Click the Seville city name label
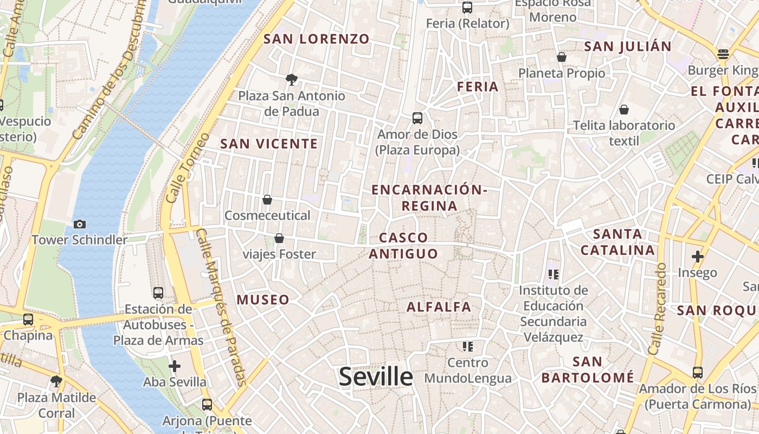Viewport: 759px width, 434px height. click(x=376, y=376)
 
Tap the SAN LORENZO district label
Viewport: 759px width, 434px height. click(x=316, y=39)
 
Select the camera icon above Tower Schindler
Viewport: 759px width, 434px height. click(x=80, y=224)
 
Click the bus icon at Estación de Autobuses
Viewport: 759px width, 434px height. click(x=158, y=293)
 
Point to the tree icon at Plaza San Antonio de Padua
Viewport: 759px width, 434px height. click(x=292, y=80)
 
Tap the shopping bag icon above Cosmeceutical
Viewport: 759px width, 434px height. click(x=267, y=200)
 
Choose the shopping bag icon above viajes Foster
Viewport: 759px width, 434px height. click(x=279, y=238)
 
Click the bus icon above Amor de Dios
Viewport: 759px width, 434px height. click(x=417, y=118)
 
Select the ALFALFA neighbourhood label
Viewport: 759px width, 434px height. click(x=439, y=307)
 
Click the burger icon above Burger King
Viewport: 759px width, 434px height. click(x=723, y=54)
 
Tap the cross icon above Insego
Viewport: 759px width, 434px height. click(x=697, y=257)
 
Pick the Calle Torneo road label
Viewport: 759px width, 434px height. click(x=187, y=168)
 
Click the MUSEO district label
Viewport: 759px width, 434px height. click(x=263, y=300)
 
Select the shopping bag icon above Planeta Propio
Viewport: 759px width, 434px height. click(x=562, y=57)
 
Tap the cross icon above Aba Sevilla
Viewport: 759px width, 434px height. click(x=175, y=366)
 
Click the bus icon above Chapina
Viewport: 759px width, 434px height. click(x=28, y=320)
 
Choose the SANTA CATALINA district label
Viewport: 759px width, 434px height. click(x=618, y=242)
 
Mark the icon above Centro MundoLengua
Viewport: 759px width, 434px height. click(x=468, y=346)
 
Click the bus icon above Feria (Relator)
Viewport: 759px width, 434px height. click(x=467, y=8)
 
